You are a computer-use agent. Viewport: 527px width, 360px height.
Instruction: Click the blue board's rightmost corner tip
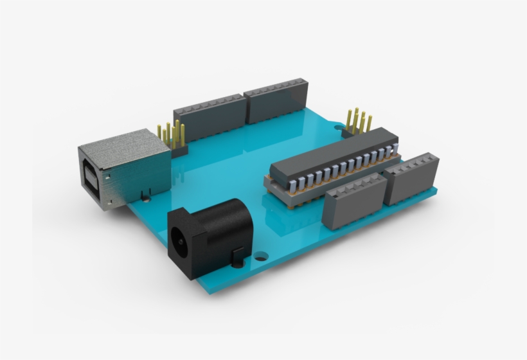point(437,188)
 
